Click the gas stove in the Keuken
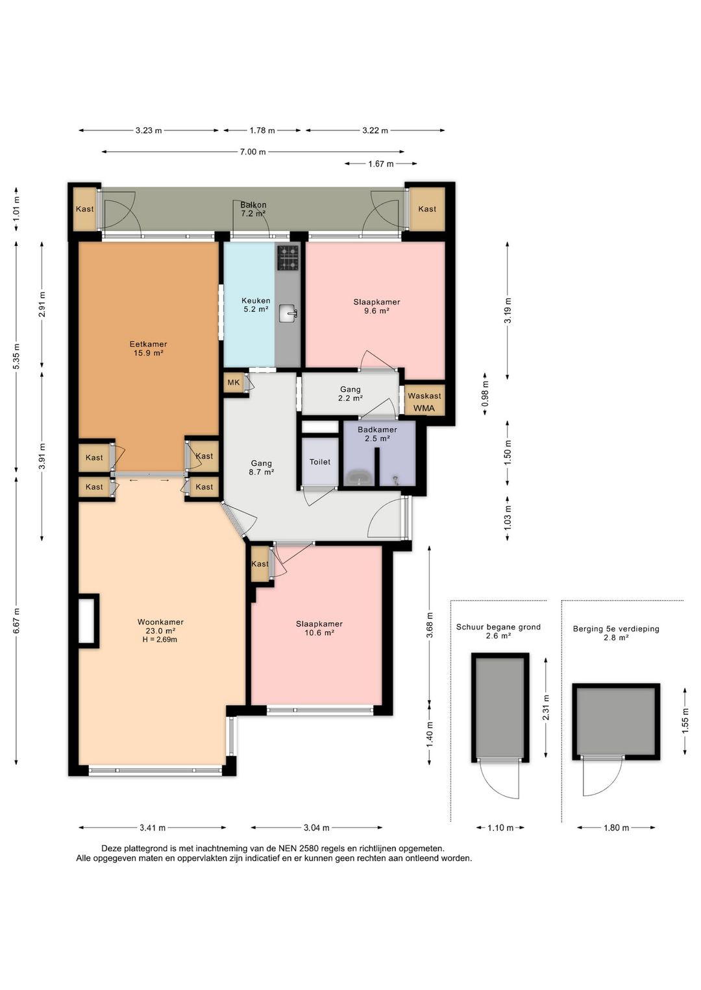click(288, 258)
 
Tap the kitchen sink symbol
click(288, 314)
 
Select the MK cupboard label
click(233, 382)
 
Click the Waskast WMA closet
click(424, 401)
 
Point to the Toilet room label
click(320, 462)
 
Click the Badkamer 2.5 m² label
click(377, 434)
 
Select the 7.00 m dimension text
click(253, 152)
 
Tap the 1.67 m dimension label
click(381, 164)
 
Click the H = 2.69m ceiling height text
click(160, 640)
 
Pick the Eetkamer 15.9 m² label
click(148, 348)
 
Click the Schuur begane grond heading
click(498, 627)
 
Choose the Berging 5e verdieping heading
click(616, 629)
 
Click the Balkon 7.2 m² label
click(253, 210)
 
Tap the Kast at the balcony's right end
click(427, 209)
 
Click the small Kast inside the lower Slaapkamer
click(260, 564)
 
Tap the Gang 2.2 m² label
click(350, 393)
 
